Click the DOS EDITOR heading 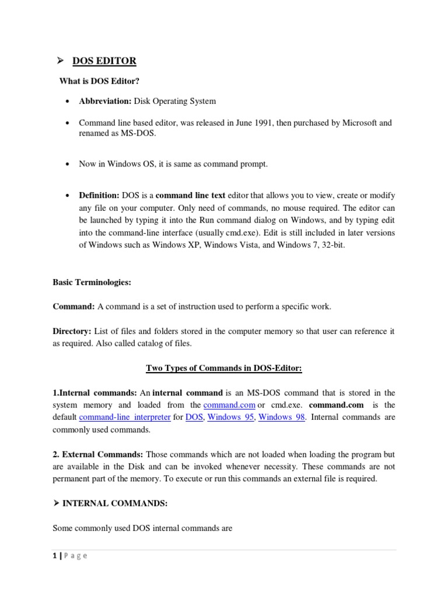(x=104, y=61)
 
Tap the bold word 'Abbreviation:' (x=105, y=101)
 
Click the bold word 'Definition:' (x=99, y=194)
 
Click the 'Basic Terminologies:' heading (x=92, y=282)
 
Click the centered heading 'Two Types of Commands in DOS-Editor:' (x=223, y=368)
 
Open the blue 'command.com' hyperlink (x=229, y=405)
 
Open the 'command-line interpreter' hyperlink (x=124, y=418)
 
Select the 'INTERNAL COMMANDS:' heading (x=108, y=503)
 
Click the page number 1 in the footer (x=55, y=556)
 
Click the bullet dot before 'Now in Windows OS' (x=68, y=164)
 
